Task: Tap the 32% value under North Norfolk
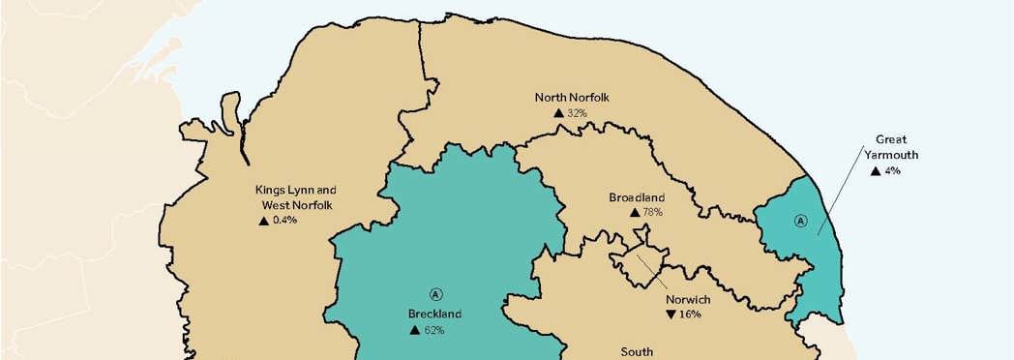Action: click(x=578, y=113)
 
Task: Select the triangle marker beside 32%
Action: click(x=558, y=113)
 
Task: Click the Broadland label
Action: click(x=637, y=197)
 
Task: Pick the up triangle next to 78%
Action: click(x=634, y=213)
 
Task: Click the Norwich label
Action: click(x=689, y=299)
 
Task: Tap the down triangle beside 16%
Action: click(x=671, y=315)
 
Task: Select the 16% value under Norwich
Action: click(x=690, y=315)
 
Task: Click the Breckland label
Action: click(x=434, y=314)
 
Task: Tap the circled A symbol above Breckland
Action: click(x=435, y=293)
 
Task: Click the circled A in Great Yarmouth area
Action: click(x=800, y=220)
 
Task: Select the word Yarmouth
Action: click(x=890, y=154)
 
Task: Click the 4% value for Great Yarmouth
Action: click(x=892, y=170)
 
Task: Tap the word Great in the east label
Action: click(x=890, y=139)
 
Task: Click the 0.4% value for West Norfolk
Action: click(x=284, y=221)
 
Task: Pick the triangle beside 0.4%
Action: click(x=263, y=221)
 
